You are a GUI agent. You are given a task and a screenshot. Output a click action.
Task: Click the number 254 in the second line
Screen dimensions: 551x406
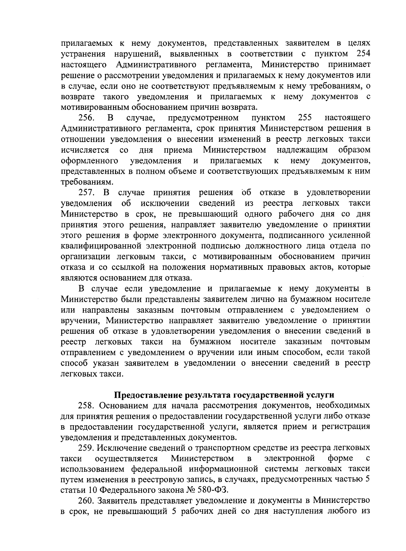[x=363, y=54]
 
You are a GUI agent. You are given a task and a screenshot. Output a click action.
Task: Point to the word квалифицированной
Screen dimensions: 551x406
[x=100, y=246]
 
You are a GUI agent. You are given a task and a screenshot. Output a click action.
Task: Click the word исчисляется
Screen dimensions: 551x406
[x=85, y=150]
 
